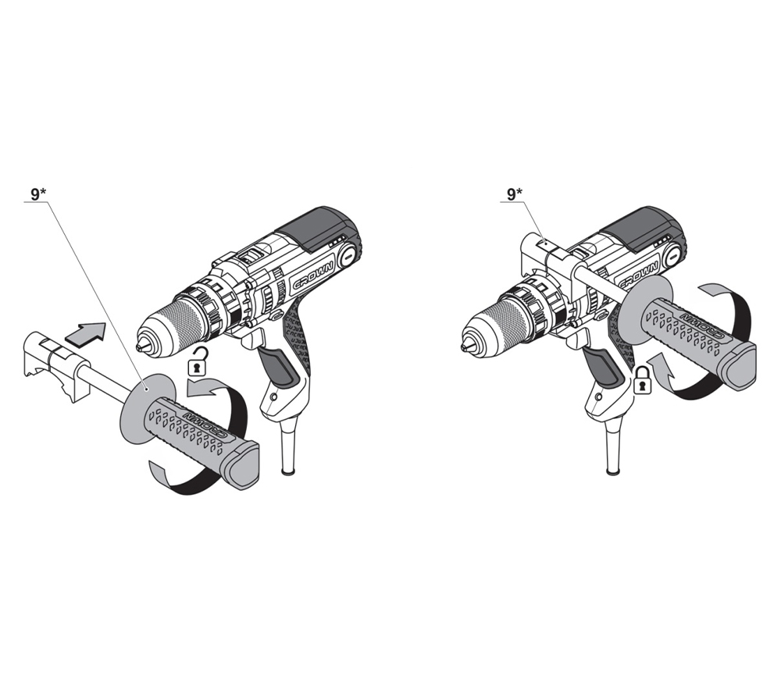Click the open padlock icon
click(198, 363)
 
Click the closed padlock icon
click(643, 380)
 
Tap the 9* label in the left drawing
click(38, 195)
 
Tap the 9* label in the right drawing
click(515, 195)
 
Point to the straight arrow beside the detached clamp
click(86, 332)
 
